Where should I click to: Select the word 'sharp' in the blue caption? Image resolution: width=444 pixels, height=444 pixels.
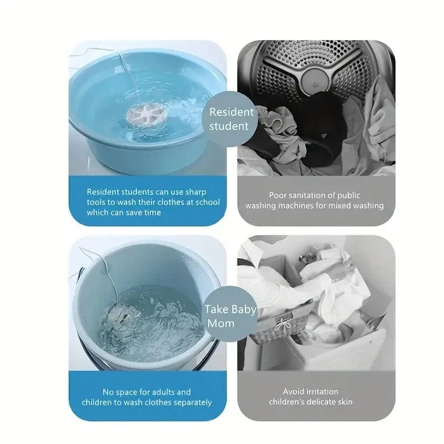point(204,191)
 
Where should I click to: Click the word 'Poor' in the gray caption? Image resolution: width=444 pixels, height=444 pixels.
point(280,195)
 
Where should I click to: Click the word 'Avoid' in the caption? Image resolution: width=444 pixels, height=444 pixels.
point(295,391)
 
